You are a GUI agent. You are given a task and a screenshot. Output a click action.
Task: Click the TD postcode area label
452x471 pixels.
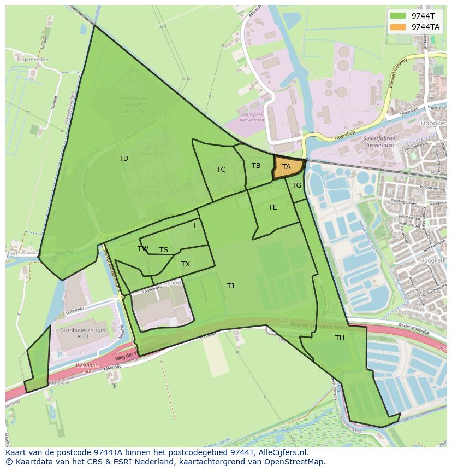[x=123, y=159]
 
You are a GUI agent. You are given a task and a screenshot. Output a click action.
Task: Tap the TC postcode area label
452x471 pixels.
[x=221, y=170]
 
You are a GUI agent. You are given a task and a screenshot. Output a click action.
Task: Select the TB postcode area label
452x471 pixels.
[x=256, y=166]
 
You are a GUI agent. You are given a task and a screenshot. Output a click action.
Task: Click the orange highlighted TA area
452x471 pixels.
[x=287, y=167]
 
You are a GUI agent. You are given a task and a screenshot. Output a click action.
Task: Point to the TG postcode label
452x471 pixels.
[x=296, y=185]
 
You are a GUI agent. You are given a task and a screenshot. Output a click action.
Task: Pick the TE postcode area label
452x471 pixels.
[x=273, y=207]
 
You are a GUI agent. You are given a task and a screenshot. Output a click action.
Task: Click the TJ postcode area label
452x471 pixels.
[x=231, y=286]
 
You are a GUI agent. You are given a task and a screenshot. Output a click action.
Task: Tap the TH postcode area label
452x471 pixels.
[x=340, y=338]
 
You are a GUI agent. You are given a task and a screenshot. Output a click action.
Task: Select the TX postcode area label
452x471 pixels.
[x=186, y=264]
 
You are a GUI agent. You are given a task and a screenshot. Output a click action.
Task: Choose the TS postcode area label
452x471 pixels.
[x=164, y=250]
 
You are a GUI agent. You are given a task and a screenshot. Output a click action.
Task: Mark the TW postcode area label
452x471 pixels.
[x=143, y=249]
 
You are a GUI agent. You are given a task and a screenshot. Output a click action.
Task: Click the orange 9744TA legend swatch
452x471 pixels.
[x=398, y=26]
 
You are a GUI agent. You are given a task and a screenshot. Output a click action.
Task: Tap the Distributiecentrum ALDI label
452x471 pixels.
[x=82, y=334]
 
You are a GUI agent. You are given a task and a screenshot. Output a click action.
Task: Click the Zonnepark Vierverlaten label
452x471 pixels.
[x=252, y=118]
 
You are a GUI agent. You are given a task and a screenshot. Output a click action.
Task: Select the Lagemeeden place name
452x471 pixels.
[x=32, y=59]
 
